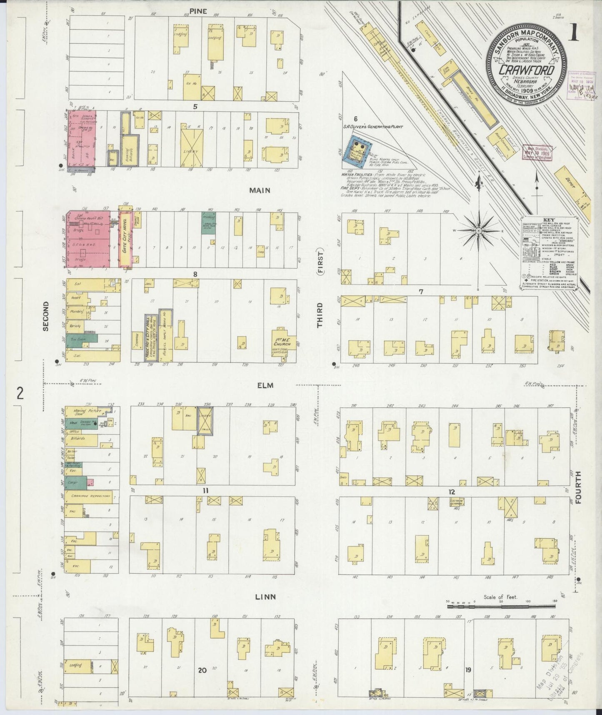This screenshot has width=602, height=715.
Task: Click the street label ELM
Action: [265, 385]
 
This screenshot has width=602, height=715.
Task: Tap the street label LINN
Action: [266, 597]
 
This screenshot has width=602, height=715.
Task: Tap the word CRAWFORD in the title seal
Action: [527, 70]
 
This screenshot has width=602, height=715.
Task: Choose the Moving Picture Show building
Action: [80, 413]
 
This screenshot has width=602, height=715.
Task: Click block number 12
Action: [452, 492]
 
